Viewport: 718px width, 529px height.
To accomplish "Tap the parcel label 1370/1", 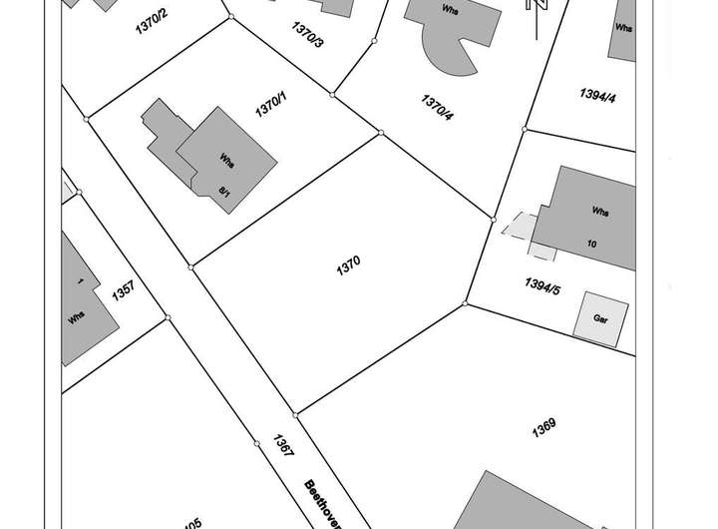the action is pos(270,105).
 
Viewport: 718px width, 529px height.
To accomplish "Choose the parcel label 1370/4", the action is pos(437,106).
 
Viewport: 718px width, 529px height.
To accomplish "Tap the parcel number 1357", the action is pos(125,292).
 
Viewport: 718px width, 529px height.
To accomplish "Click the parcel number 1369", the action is pos(542,427).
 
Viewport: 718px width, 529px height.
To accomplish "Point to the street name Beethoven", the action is pos(323,505).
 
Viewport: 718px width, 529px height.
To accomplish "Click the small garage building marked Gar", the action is pos(601,317).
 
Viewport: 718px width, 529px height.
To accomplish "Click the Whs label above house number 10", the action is pos(599,213).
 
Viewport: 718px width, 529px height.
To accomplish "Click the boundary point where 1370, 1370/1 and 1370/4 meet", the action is pos(380,132).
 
